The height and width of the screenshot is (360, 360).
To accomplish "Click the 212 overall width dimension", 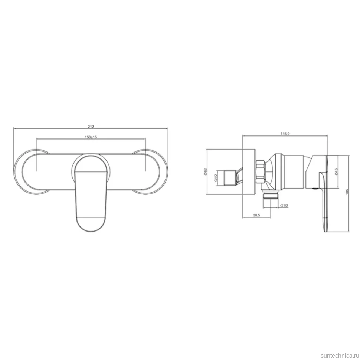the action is tap(91, 127).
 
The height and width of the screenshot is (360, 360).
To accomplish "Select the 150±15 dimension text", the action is tap(91, 137).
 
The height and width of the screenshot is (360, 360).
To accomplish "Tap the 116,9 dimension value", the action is tap(285, 134).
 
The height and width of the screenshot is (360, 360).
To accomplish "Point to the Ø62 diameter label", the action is tap(206, 172).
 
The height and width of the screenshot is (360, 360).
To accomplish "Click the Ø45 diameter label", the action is tap(337, 172).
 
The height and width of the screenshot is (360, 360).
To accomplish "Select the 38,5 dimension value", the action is tap(256, 215).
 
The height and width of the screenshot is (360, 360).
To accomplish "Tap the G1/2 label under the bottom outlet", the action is tap(284, 206).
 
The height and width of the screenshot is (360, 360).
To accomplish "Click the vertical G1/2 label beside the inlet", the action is tap(216, 178).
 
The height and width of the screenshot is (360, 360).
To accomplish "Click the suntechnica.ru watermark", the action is tap(340, 356).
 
